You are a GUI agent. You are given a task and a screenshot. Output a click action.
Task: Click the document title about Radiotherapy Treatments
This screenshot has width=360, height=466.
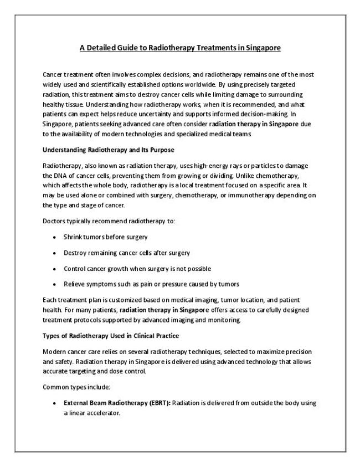180,48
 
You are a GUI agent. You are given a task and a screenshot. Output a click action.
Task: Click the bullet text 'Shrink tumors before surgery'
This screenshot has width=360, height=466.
105,237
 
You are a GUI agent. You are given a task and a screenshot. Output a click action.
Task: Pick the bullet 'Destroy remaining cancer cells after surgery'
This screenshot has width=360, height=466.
127,253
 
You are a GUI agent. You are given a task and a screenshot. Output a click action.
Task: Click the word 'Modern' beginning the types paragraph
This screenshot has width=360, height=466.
54,352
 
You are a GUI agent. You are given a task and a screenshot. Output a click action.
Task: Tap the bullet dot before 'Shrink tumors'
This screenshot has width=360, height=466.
54,238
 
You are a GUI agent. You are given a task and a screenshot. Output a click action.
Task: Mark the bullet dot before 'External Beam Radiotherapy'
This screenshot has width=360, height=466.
54,404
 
